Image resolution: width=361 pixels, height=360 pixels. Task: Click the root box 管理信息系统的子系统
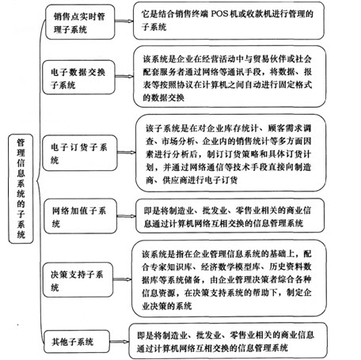click(21, 188)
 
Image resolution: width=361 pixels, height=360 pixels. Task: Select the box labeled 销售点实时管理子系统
click(80, 22)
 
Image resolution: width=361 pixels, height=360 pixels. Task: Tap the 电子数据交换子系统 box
click(78, 78)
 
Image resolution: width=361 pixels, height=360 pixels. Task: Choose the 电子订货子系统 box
click(80, 153)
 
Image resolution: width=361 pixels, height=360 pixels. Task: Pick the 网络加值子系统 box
click(80, 216)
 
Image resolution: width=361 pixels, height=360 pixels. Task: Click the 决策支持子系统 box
click(78, 280)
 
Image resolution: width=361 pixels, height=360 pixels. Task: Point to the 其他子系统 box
click(77, 342)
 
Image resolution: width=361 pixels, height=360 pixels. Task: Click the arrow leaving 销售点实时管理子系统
click(124, 21)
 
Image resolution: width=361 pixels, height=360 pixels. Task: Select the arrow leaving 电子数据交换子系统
click(124, 77)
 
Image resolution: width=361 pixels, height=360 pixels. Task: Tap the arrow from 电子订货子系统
click(127, 152)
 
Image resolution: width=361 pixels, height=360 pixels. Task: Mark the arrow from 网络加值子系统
click(126, 216)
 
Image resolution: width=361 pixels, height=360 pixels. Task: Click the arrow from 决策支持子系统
click(123, 279)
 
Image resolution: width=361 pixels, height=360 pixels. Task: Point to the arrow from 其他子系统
click(120, 342)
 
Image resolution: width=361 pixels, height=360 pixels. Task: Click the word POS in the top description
click(219, 13)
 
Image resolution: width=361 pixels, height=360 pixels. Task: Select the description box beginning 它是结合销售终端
click(229, 21)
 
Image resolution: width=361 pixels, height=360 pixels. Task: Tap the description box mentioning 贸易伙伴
click(230, 77)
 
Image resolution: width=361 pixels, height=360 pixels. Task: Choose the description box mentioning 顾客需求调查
click(231, 153)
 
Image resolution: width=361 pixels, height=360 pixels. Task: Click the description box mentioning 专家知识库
click(229, 279)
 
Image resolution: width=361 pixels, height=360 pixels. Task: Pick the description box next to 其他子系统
click(228, 341)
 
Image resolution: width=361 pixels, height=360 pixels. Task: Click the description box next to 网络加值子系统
click(230, 216)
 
